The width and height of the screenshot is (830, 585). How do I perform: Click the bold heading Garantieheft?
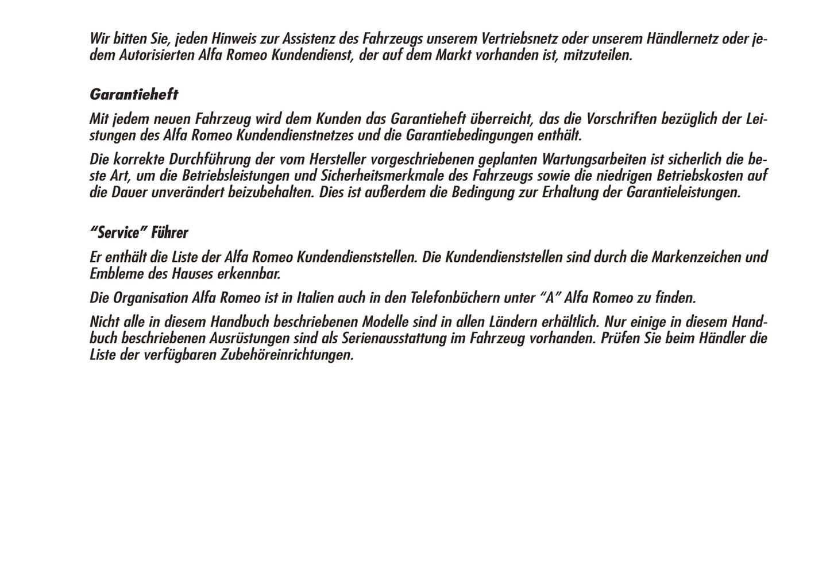134,94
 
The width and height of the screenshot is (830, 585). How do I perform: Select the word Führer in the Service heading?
169,233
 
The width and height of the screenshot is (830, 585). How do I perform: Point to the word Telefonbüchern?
453,298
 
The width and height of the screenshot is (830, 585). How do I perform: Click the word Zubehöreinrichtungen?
287,355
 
